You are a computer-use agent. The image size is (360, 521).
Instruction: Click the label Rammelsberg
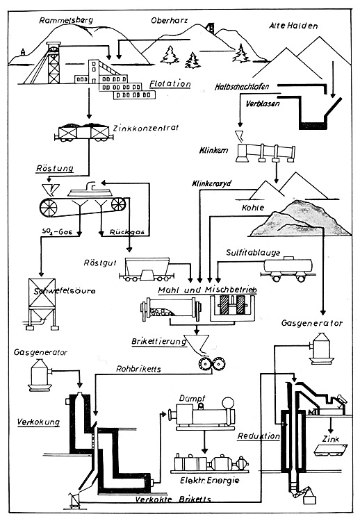coord(66,20)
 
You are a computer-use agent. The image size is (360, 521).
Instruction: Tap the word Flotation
coord(170,84)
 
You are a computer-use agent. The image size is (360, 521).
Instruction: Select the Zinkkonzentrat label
coord(146,128)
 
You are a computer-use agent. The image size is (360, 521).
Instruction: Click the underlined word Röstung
coord(55,168)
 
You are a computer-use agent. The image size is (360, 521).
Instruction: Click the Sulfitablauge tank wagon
coord(288,269)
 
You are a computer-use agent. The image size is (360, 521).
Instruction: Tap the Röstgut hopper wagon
coord(147,269)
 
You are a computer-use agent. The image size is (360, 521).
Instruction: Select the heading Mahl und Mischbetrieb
coord(207,290)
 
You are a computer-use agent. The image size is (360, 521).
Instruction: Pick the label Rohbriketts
coord(138,369)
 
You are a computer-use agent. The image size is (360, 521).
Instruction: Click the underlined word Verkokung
coord(38,422)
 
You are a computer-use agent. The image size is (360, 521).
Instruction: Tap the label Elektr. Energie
coord(210,480)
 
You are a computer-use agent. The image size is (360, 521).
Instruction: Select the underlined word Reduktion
coord(259,436)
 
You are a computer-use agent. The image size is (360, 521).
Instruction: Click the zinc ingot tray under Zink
coord(331,450)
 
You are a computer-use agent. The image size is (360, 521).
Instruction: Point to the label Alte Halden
coord(293,26)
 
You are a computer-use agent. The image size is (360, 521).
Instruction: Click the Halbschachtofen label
coord(242,87)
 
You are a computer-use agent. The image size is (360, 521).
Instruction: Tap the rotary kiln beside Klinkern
coord(266,153)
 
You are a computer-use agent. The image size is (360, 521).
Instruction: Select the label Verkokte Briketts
coord(173,499)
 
